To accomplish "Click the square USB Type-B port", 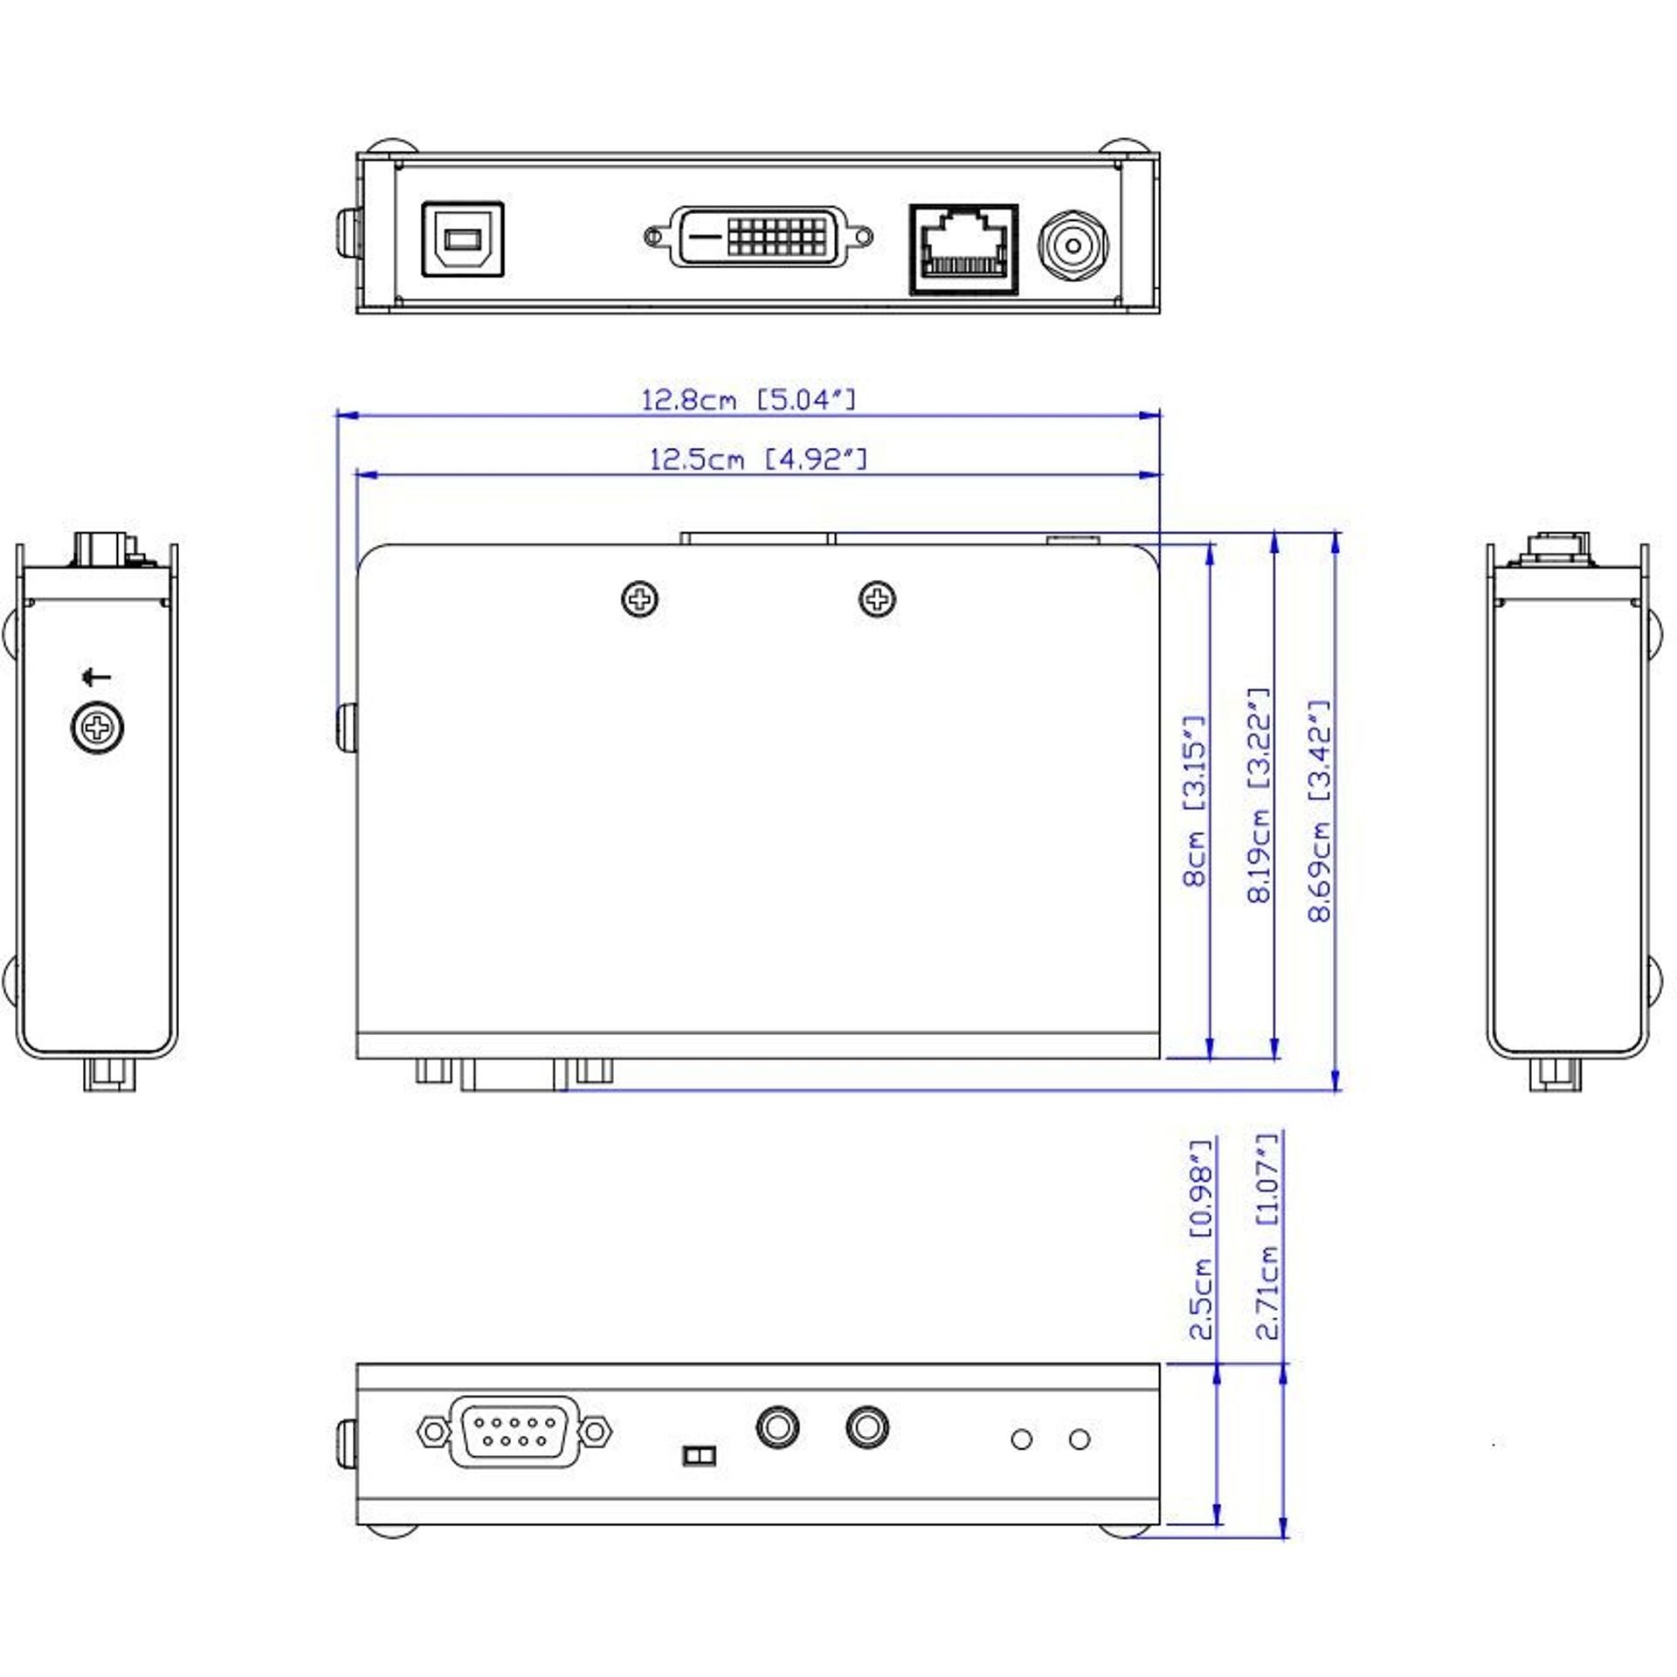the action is (x=463, y=240).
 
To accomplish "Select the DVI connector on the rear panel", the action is (x=758, y=237).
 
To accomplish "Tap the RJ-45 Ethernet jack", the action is (x=963, y=250).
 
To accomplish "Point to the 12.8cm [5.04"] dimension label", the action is (x=749, y=400).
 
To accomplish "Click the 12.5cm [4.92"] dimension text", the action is (x=758, y=459).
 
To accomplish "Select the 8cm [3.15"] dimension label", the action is (x=1194, y=801).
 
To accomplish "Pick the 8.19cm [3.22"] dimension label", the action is (x=1258, y=795).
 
